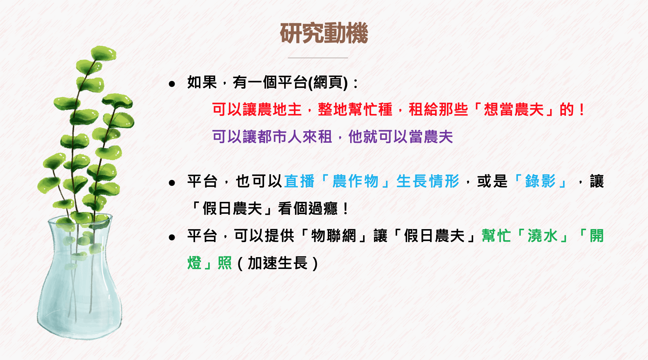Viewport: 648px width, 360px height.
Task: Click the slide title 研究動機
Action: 324,33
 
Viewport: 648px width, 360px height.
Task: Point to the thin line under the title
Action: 318,57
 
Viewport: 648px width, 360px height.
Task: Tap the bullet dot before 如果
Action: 172,84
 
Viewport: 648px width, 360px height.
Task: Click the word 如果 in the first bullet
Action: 202,82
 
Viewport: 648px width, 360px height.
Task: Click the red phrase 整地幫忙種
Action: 355,109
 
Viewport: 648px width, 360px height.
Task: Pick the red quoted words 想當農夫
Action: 514,109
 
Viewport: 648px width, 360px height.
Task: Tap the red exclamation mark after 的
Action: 582,109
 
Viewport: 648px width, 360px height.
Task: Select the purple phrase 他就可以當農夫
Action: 401,137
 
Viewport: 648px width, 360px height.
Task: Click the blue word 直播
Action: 299,181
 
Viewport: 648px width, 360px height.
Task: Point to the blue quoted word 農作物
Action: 356,181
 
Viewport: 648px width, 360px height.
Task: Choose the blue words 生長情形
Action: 428,181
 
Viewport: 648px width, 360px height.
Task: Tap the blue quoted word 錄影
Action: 540,181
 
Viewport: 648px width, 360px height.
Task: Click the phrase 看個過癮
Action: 308,208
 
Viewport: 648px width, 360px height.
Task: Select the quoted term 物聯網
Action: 334,236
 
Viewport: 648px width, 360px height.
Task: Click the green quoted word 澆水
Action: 543,236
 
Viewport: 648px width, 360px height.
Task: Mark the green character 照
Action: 225,263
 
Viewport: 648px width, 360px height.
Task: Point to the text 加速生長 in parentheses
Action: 278,263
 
